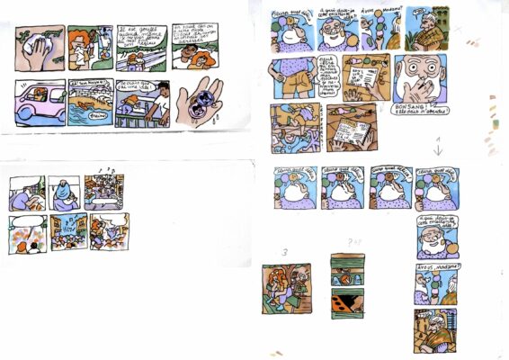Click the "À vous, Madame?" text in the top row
point(375,12)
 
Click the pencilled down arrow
point(438,147)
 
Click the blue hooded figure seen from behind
point(64,193)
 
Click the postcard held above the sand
point(351,134)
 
